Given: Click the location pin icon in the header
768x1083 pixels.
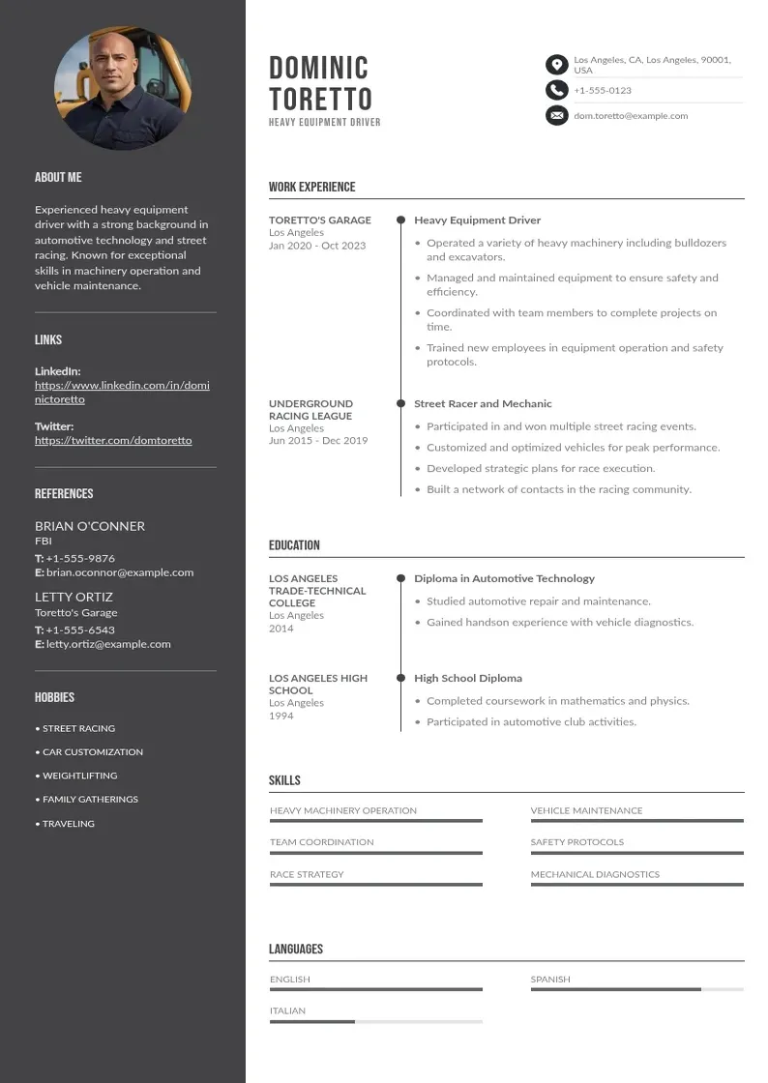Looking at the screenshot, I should point(556,65).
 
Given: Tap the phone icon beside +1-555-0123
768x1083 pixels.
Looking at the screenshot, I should point(556,90).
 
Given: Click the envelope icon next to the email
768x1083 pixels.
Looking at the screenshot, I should point(556,116).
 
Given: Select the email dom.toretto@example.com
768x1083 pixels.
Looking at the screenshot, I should point(631,116).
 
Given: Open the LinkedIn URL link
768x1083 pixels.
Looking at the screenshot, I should point(122,392).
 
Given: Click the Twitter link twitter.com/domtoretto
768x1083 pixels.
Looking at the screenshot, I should point(113,440).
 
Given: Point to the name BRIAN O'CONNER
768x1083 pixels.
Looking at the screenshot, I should point(90,526).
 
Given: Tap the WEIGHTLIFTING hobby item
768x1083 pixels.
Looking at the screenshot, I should point(79,776).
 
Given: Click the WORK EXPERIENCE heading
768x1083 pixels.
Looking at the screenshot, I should point(311,187).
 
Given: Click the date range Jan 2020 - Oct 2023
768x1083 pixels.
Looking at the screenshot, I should point(317,246).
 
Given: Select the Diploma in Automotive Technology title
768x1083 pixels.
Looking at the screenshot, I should point(504,578).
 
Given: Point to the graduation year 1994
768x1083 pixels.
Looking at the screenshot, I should point(281,716).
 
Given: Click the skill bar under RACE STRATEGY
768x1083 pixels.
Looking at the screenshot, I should point(375,885).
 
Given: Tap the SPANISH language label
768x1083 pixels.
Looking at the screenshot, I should point(550,980).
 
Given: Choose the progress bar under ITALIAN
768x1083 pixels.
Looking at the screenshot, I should point(375,1021).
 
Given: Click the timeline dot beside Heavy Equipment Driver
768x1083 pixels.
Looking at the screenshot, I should point(400,220).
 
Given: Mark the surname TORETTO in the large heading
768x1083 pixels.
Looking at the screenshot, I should point(320,99).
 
